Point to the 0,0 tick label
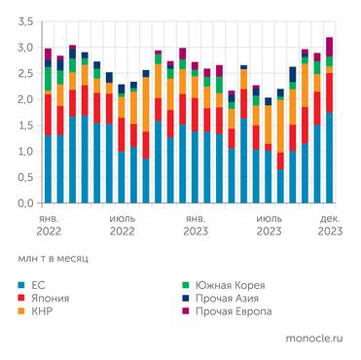22,203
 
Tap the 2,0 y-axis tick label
22,99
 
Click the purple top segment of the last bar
329,46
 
